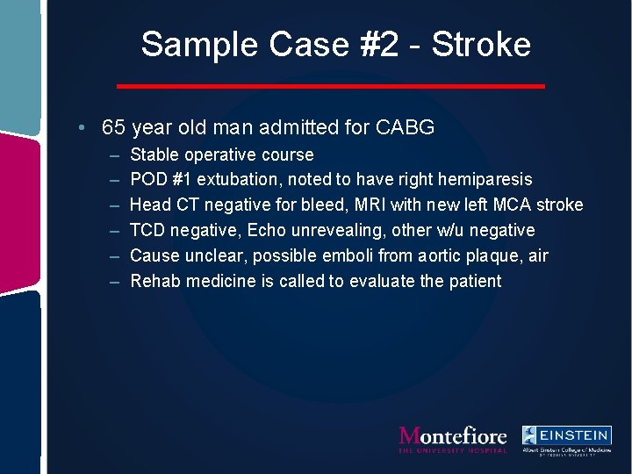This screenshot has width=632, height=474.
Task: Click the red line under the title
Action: pyautogui.click(x=331, y=86)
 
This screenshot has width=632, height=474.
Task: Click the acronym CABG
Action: pyautogui.click(x=405, y=127)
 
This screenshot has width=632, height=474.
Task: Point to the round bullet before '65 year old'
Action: pyautogui.click(x=81, y=127)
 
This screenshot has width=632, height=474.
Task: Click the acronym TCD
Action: pyautogui.click(x=147, y=230)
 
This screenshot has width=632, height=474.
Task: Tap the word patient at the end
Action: pyautogui.click(x=473, y=281)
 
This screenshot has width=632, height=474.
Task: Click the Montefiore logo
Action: pyautogui.click(x=452, y=438)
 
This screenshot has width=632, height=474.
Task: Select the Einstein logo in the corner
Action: pyautogui.click(x=566, y=438)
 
